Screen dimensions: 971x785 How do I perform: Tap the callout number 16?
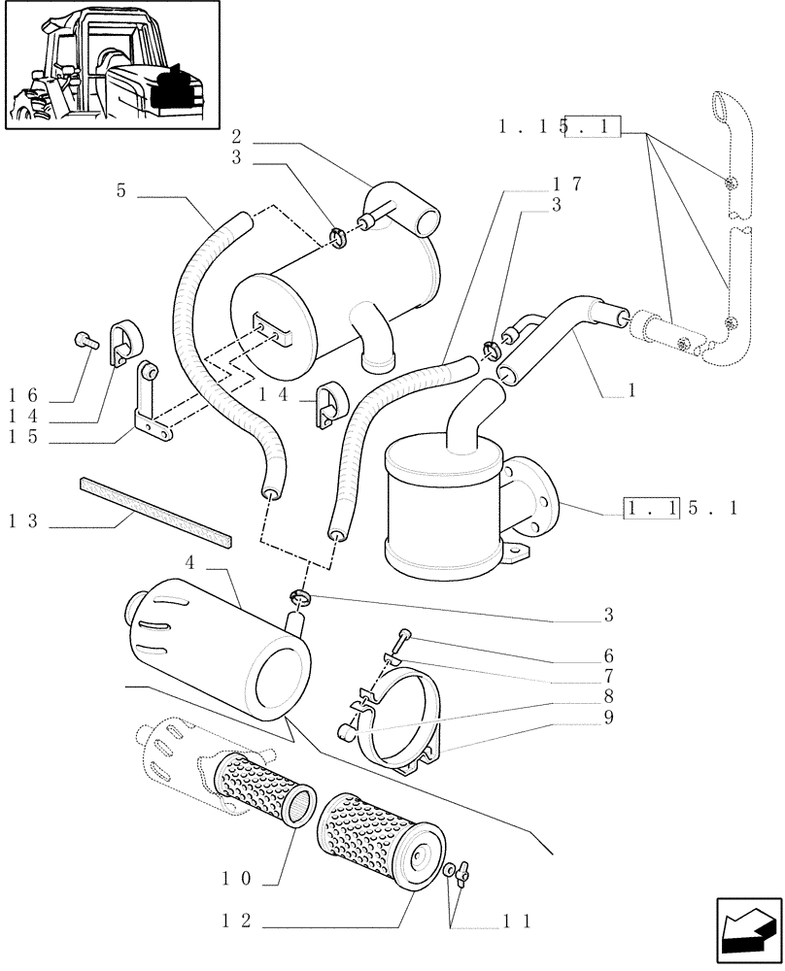[x=24, y=394]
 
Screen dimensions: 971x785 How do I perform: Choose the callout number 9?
[x=608, y=718]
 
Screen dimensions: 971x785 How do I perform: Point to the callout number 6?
[x=608, y=655]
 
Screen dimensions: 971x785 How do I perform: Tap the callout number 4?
[x=190, y=561]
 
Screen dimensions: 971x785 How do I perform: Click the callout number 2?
[x=236, y=136]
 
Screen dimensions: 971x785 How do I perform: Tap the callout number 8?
[x=608, y=696]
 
